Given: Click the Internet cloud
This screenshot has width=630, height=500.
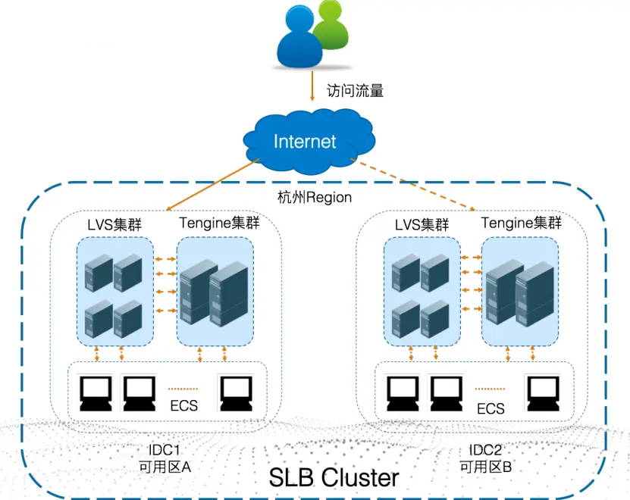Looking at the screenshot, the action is tap(309, 141).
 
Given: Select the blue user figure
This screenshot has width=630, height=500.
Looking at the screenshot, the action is tap(299, 37).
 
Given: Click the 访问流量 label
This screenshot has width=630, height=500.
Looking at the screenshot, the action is tap(355, 91).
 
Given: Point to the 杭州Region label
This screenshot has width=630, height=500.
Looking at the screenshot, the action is tap(315, 197).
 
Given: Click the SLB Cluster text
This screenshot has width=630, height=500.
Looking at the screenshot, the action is tap(334, 477).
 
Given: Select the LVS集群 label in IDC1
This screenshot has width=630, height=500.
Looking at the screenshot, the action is tap(114, 224).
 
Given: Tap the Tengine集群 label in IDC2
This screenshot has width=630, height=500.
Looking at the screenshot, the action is tap(521, 223).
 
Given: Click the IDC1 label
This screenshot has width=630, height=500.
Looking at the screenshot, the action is tap(164, 449).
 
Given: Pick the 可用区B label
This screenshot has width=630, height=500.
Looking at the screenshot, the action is tap(486, 467).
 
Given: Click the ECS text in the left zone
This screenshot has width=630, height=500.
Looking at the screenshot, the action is tap(184, 405).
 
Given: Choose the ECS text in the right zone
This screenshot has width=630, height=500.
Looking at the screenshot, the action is tap(491, 408).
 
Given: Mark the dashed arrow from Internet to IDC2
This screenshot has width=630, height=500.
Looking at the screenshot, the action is tap(413, 184).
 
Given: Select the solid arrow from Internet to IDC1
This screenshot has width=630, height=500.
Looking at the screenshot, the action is tap(212, 184).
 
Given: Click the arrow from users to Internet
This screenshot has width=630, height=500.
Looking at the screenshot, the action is tap(312, 86).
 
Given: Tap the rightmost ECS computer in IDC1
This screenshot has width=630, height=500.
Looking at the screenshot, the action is tap(237, 392).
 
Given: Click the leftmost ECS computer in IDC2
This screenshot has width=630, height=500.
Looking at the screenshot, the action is tap(403, 392).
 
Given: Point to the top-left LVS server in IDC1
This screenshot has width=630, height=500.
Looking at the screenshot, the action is tap(99, 272).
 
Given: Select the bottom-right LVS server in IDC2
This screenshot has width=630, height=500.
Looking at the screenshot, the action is tap(434, 319).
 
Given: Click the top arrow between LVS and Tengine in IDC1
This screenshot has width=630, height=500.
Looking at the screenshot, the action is tap(165, 259).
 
